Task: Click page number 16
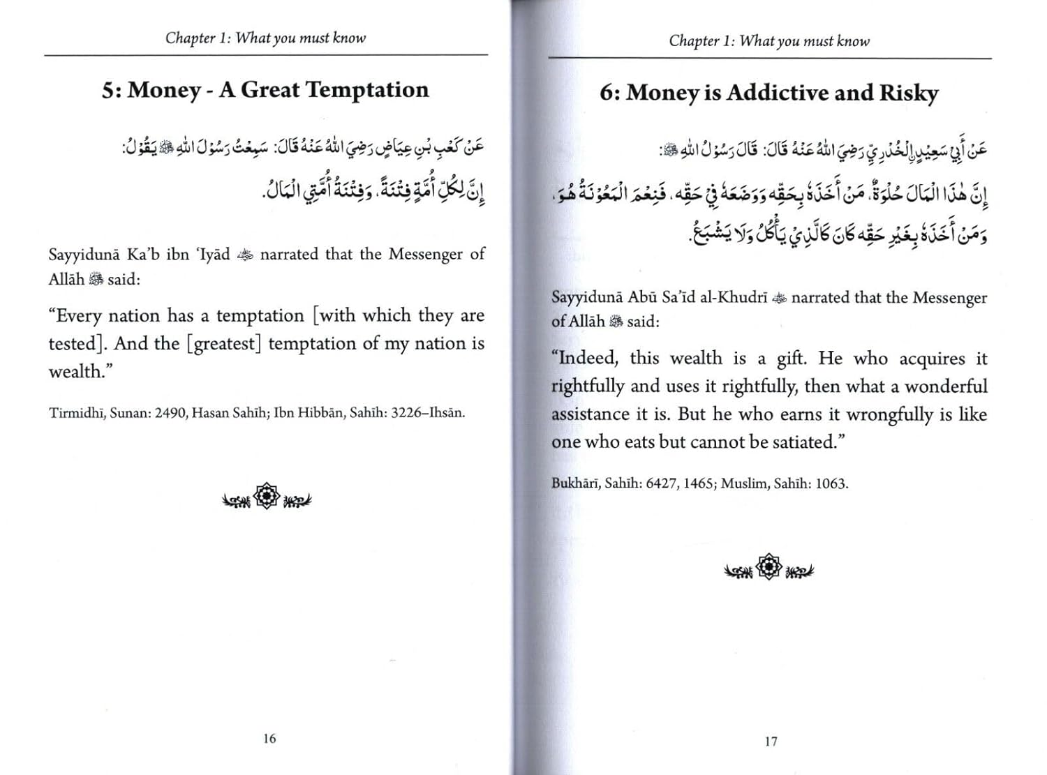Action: coord(269,738)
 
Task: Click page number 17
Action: coord(771,741)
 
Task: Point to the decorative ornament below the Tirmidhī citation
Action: coord(267,497)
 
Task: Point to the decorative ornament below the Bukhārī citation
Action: coord(768,568)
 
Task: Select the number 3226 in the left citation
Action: coord(406,412)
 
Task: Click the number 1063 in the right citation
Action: coord(830,483)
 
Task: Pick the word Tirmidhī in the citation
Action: coord(77,412)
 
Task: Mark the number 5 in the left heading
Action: coord(110,91)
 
